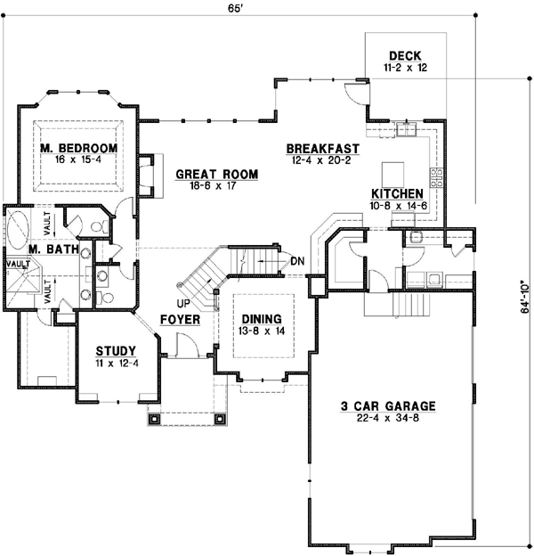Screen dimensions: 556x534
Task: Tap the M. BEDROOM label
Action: pyautogui.click(x=78, y=147)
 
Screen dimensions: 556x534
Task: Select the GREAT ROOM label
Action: pyautogui.click(x=216, y=174)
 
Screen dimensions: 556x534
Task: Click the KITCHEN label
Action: pyautogui.click(x=397, y=193)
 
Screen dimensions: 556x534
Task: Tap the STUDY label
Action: pyautogui.click(x=115, y=350)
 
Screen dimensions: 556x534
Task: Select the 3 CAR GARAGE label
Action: pyautogui.click(x=387, y=406)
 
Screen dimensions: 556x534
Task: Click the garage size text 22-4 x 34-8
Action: pyautogui.click(x=388, y=419)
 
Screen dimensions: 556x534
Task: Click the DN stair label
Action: pyautogui.click(x=298, y=260)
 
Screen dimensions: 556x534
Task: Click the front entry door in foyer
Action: pyautogui.click(x=184, y=344)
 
